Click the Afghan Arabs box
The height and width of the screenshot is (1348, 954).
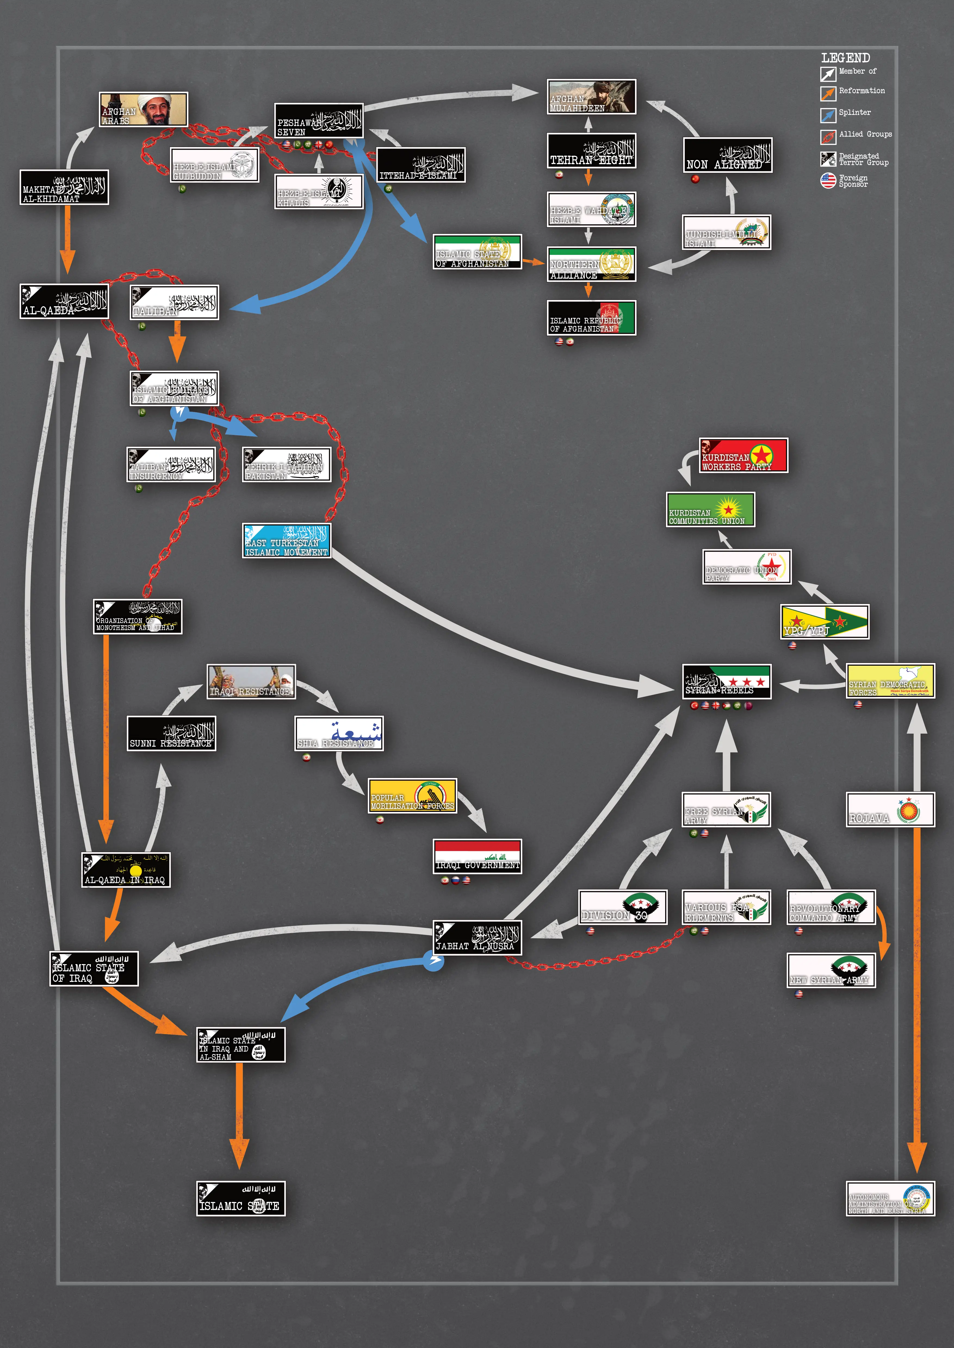(x=143, y=109)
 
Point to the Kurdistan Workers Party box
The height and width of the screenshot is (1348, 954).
(x=743, y=455)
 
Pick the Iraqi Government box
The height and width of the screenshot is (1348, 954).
(x=477, y=856)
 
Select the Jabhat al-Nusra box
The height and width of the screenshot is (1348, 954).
(x=477, y=938)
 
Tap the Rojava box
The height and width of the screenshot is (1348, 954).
(x=890, y=810)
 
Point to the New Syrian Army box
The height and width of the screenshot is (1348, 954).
(x=831, y=971)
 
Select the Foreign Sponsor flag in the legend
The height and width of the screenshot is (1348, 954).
(x=828, y=180)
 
